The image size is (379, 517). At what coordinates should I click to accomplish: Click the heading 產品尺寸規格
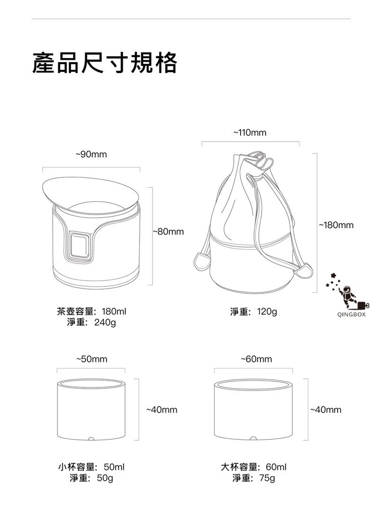click(105, 62)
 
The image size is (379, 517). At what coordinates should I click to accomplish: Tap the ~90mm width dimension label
click(91, 154)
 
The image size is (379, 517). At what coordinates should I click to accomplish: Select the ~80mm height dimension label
click(168, 232)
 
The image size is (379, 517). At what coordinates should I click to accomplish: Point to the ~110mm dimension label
click(250, 133)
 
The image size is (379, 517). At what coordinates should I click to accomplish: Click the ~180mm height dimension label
click(336, 225)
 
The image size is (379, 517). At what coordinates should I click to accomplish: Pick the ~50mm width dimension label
click(92, 359)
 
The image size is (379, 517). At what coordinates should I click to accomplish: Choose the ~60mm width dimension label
click(256, 359)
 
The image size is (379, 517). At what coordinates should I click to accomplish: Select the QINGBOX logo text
click(352, 314)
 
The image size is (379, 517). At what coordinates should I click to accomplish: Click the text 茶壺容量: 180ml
click(92, 311)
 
